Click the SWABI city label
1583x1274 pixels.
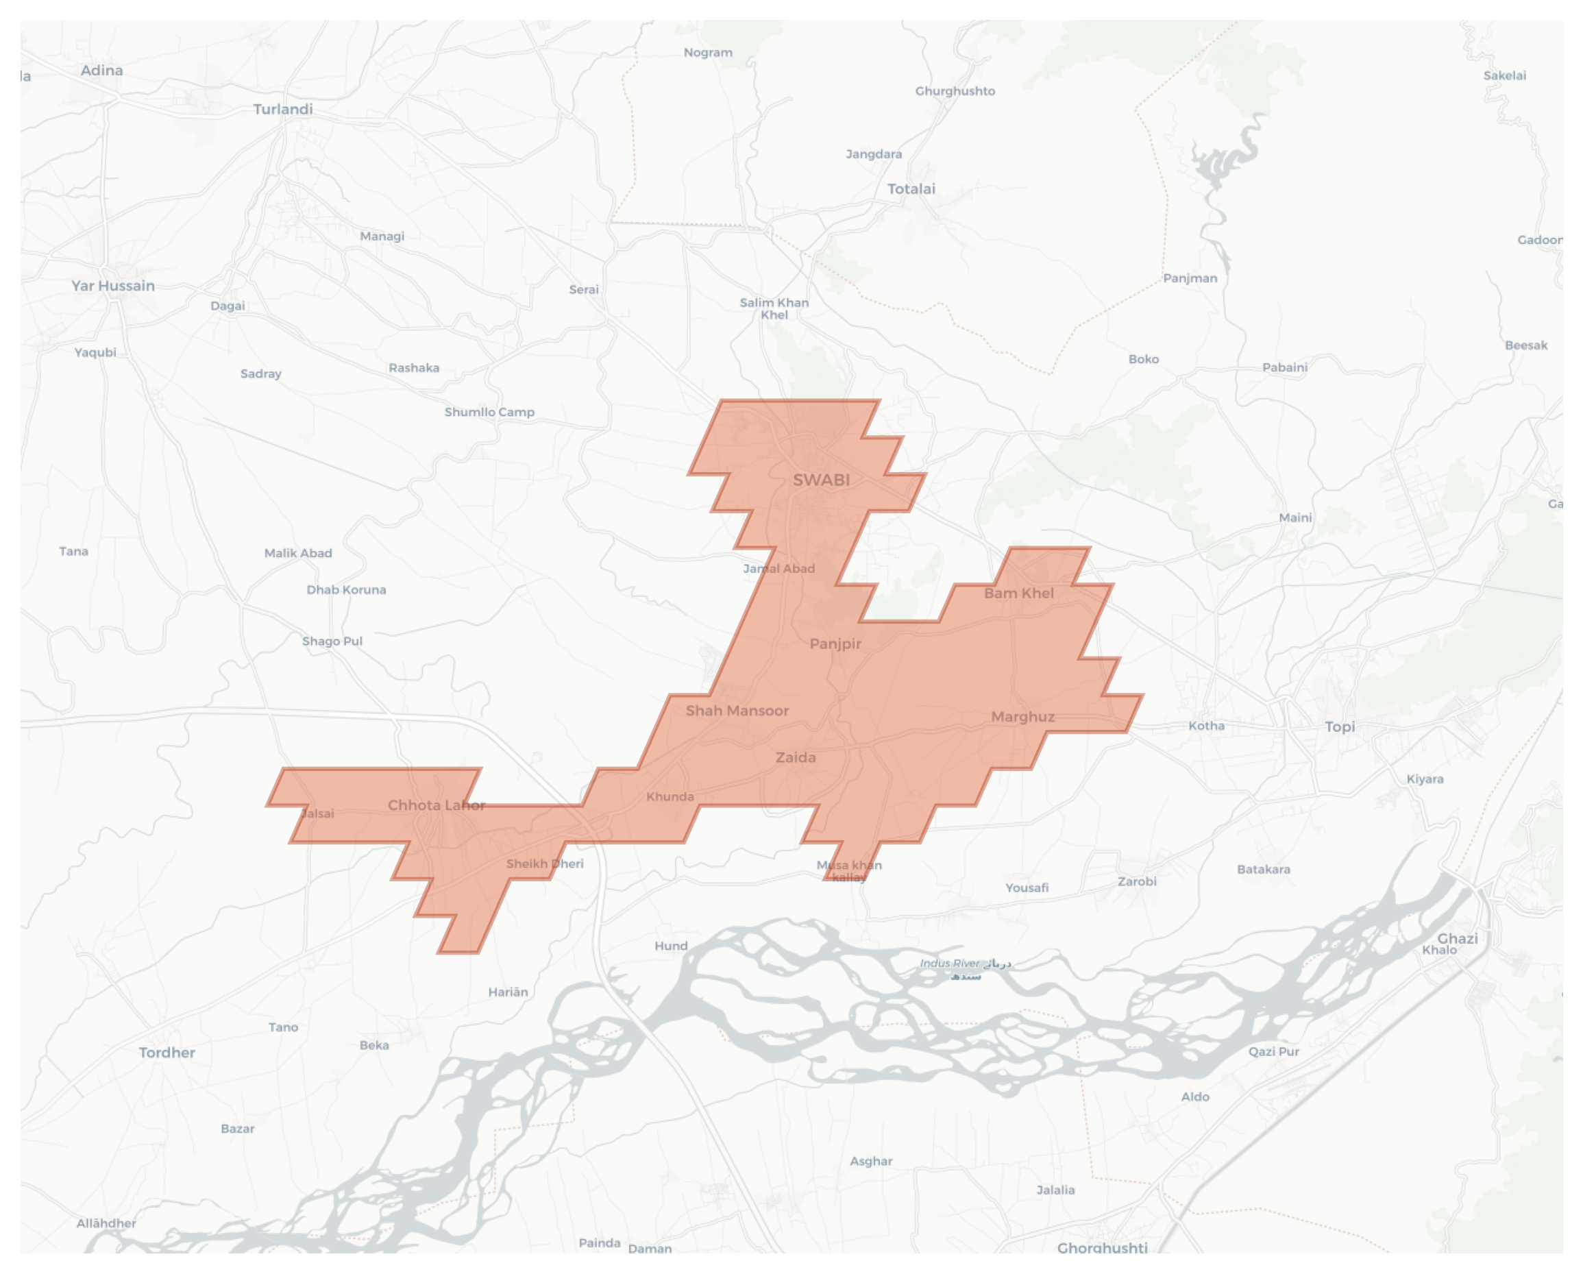point(821,480)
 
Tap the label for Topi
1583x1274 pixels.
point(1339,727)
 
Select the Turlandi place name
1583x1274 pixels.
point(282,110)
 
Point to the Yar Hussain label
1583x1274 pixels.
point(113,286)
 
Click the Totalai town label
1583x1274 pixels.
point(911,188)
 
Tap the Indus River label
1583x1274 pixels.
point(950,964)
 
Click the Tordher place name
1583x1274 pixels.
point(167,1052)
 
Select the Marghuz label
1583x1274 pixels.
point(1022,717)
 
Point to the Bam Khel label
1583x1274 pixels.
point(1018,593)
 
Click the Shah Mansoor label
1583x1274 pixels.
point(737,711)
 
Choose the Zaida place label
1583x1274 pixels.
point(795,757)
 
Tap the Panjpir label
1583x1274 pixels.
point(835,644)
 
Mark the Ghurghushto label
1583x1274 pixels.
point(955,91)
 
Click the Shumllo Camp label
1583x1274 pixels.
point(489,412)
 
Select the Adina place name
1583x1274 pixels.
point(101,71)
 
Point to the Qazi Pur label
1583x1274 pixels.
point(1274,1051)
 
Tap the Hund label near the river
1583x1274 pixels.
point(671,946)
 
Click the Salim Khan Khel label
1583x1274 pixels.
point(774,308)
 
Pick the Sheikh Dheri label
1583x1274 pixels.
point(545,863)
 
